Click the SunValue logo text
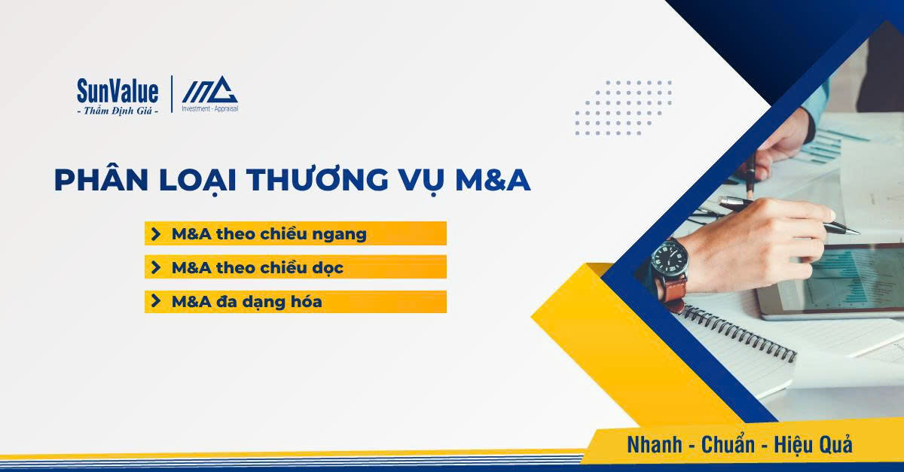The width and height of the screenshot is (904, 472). tap(118, 92)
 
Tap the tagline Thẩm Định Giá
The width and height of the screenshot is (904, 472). tap(118, 111)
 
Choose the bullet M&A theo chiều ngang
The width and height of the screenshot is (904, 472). tap(269, 233)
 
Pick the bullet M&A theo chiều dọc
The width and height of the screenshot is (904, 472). tap(258, 267)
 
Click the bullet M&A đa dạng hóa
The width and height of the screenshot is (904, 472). tap(246, 302)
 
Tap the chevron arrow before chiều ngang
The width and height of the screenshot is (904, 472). tap(156, 233)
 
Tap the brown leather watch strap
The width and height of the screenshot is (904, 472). tap(675, 290)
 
